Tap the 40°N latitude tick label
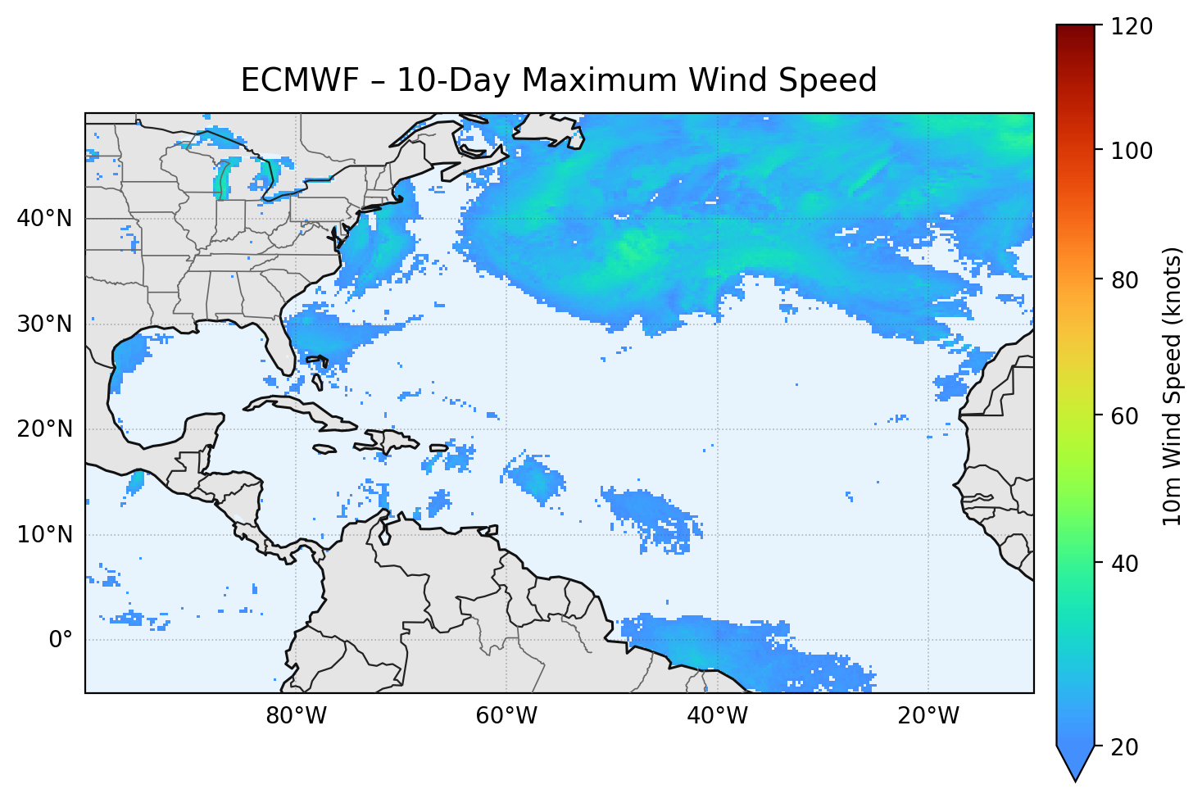click(x=44, y=219)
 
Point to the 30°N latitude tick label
click(x=44, y=324)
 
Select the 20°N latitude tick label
click(x=44, y=429)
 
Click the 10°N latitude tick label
click(x=44, y=535)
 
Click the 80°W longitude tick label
click(x=296, y=716)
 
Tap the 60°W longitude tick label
click(x=506, y=716)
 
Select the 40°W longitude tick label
click(x=717, y=716)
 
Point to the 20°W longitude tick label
click(x=928, y=716)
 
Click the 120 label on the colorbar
click(x=1132, y=27)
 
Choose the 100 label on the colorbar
click(x=1132, y=151)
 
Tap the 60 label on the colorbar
click(x=1126, y=416)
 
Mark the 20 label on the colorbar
click(x=1126, y=747)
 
